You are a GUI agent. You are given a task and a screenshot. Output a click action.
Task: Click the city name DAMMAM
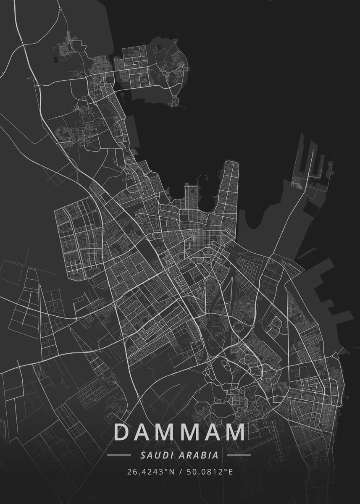pyautogui.click(x=179, y=432)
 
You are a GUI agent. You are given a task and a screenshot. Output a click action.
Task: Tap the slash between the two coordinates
pyautogui.click(x=179, y=472)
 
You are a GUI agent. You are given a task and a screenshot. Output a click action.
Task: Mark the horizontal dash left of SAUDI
pyautogui.click(x=119, y=455)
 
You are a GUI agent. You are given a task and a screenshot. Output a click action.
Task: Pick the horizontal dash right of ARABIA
pyautogui.click(x=239, y=455)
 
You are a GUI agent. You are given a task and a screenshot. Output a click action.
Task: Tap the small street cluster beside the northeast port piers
pyautogui.click(x=298, y=182)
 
